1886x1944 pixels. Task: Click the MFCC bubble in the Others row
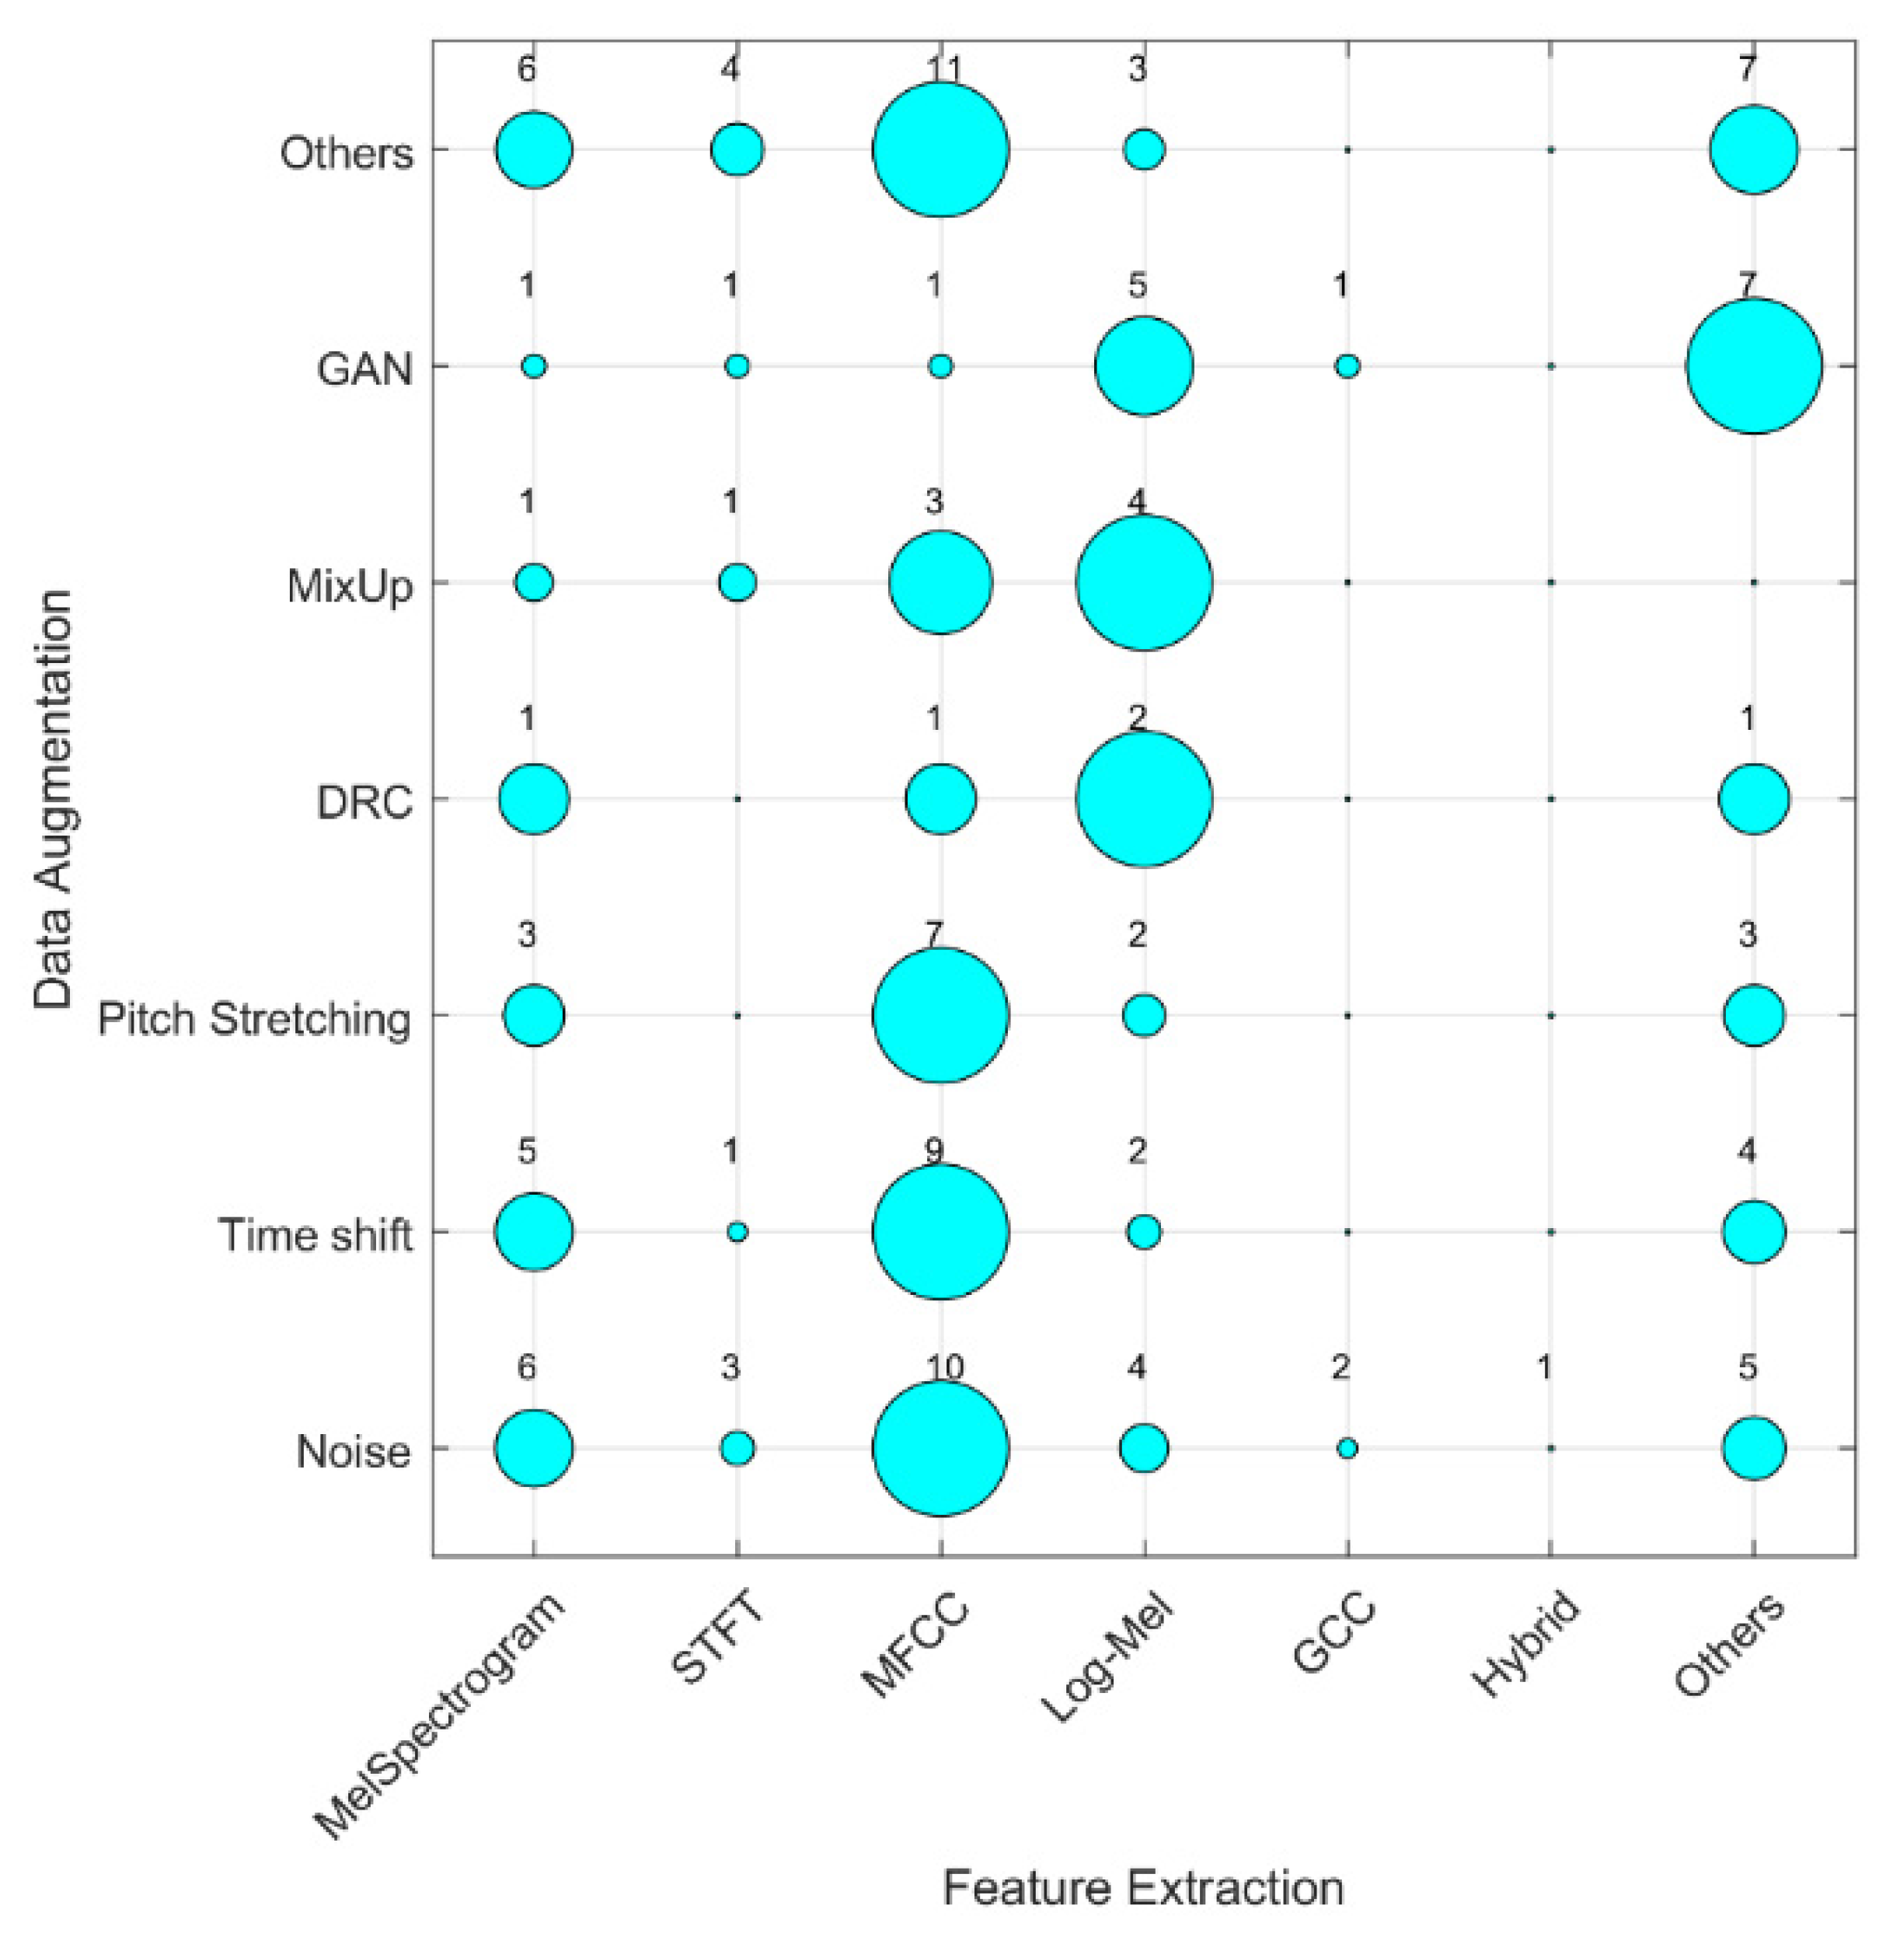point(940,150)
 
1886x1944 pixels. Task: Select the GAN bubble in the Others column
point(1753,366)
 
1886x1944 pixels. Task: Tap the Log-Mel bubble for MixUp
point(1143,582)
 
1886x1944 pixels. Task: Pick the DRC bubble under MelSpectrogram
point(534,798)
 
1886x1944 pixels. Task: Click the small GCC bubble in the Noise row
point(1347,1448)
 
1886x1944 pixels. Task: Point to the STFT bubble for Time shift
point(737,1232)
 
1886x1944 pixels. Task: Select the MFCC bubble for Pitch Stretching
point(940,1014)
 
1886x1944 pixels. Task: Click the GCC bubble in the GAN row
point(1347,366)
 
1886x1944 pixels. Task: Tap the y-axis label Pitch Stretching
point(254,1018)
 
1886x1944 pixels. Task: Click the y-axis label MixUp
point(349,586)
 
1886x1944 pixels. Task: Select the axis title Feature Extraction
point(1142,1887)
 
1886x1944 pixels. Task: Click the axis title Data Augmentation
point(54,799)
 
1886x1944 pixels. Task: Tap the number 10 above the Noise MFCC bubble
point(945,1368)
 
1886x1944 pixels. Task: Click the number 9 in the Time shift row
point(933,1150)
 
